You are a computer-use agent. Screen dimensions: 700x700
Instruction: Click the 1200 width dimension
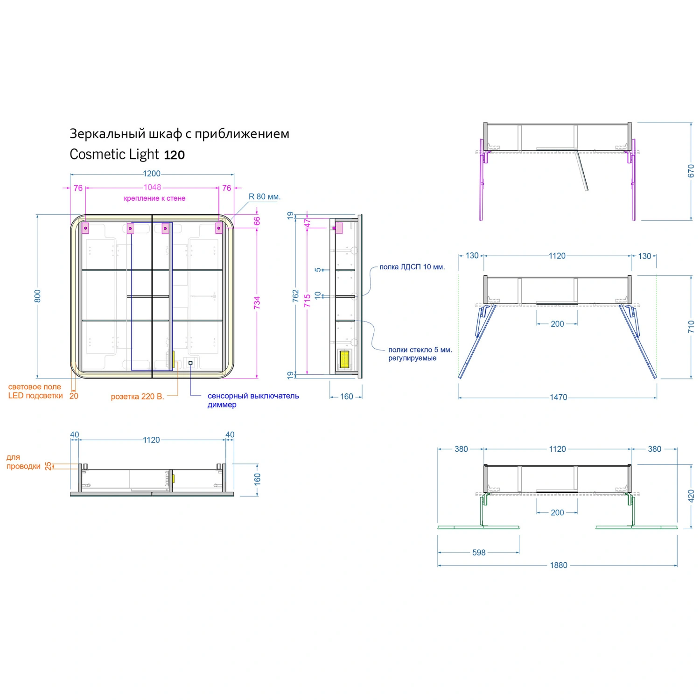pos(152,174)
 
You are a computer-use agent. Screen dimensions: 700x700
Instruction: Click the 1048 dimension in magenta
pos(152,187)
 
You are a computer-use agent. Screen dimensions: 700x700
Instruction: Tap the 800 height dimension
pos(38,296)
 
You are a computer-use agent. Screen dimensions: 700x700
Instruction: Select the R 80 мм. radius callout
pos(265,196)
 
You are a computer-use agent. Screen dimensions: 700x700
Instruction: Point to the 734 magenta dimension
pos(257,302)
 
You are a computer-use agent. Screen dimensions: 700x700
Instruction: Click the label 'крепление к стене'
pos(154,198)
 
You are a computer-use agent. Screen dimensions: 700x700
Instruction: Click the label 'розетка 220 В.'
pos(138,397)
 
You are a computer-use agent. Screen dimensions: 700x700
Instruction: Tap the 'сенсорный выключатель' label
pos(253,396)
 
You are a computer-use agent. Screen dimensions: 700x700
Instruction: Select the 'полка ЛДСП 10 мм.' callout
pos(412,267)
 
